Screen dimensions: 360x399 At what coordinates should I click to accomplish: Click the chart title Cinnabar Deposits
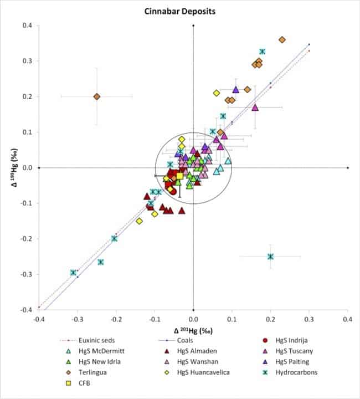[180, 12]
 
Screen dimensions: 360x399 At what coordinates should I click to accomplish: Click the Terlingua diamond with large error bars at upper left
[96, 96]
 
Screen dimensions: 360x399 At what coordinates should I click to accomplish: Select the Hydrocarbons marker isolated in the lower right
[270, 257]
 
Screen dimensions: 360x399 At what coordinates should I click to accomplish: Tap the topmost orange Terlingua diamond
[282, 40]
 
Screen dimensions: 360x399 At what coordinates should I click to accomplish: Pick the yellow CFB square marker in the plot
[180, 176]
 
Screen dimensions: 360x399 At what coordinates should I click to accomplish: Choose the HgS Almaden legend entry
[191, 351]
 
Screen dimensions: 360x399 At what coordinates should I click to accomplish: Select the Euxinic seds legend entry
[87, 340]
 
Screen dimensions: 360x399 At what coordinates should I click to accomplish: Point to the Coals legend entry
[176, 340]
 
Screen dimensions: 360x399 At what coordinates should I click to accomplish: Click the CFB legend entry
[78, 383]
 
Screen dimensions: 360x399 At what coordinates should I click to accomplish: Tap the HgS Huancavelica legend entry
[197, 372]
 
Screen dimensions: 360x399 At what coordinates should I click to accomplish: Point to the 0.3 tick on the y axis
[27, 61]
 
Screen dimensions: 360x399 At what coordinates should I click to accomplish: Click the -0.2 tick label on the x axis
[116, 319]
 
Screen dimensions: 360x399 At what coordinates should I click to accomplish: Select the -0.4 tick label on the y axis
[27, 310]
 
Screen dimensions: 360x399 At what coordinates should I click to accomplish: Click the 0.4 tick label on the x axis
[348, 319]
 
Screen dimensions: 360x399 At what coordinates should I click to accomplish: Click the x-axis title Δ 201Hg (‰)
[193, 331]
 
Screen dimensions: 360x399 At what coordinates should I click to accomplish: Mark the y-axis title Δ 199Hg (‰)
[15, 167]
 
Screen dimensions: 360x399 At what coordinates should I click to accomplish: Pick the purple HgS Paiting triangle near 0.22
[236, 90]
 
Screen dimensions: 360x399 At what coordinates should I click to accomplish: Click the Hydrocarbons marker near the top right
[263, 52]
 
